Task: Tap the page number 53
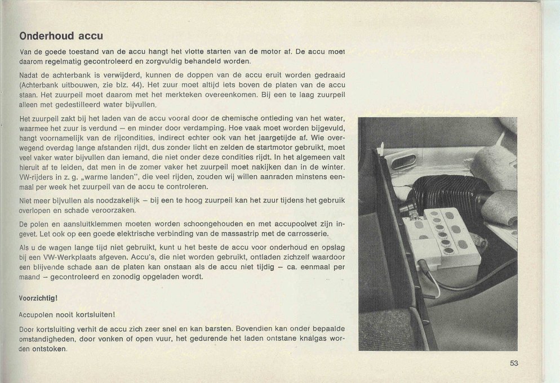click(514, 363)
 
